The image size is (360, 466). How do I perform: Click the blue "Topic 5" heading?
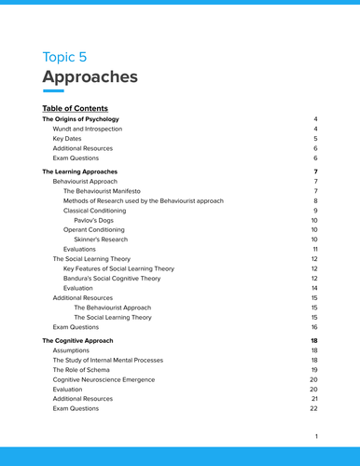(70, 57)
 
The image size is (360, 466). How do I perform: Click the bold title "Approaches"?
(90, 77)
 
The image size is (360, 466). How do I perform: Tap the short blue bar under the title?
(53, 91)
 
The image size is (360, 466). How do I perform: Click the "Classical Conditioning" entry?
(101, 211)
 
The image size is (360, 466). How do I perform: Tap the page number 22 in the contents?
(314, 408)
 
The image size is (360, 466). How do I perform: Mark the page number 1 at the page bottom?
(316, 436)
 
